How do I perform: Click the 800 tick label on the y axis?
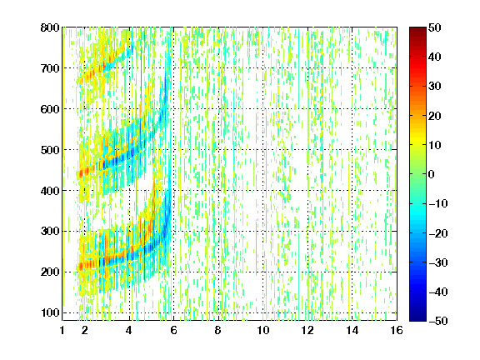click(x=50, y=27)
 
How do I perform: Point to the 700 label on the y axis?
click(x=50, y=68)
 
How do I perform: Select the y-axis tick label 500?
click(x=50, y=150)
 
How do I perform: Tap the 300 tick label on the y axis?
click(x=50, y=232)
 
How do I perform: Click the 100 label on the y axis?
click(x=50, y=312)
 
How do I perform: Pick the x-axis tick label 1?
click(x=62, y=330)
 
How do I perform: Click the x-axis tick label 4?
click(x=129, y=330)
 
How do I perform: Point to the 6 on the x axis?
click(x=173, y=330)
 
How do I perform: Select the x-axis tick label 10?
click(x=263, y=330)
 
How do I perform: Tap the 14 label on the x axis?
click(x=352, y=330)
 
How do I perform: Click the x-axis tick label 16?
click(x=397, y=330)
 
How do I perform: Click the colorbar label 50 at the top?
click(x=434, y=27)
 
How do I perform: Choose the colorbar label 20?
click(x=434, y=116)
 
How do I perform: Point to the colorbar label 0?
click(x=432, y=174)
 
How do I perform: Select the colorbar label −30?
click(x=438, y=262)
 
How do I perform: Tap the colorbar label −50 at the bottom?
click(x=438, y=321)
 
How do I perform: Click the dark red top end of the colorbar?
click(x=417, y=29)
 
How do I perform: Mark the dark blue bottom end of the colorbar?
click(x=417, y=319)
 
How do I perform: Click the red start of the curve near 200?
click(x=81, y=267)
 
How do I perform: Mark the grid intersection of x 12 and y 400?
click(x=307, y=190)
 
